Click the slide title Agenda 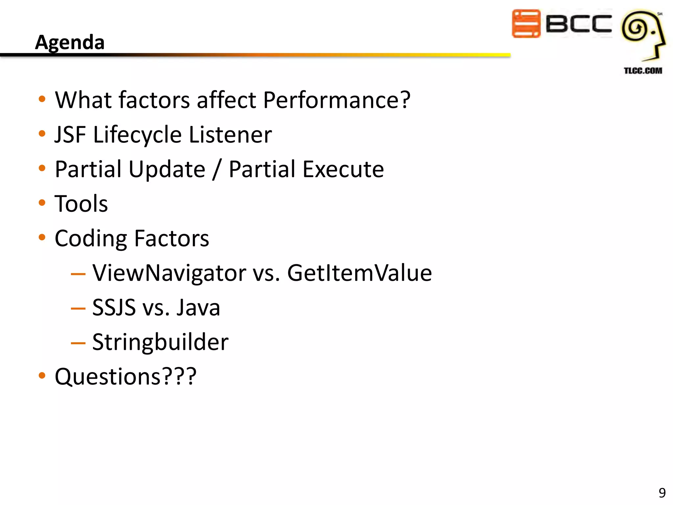coord(70,42)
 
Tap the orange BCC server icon coord(526,24)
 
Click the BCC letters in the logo coord(579,24)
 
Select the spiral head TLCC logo coord(642,35)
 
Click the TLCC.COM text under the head coord(643,71)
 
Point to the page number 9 coord(662,493)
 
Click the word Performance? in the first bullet coord(337,100)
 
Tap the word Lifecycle coord(137,135)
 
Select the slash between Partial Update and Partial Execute coord(217,169)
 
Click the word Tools coord(81,204)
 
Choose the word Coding coord(91,239)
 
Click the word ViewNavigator coord(169,273)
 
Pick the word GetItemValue coord(360,273)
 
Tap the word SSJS coord(114,308)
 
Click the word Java coord(198,308)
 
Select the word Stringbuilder coord(160,342)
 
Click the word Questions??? coord(126,377)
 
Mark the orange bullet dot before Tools coord(42,203)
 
